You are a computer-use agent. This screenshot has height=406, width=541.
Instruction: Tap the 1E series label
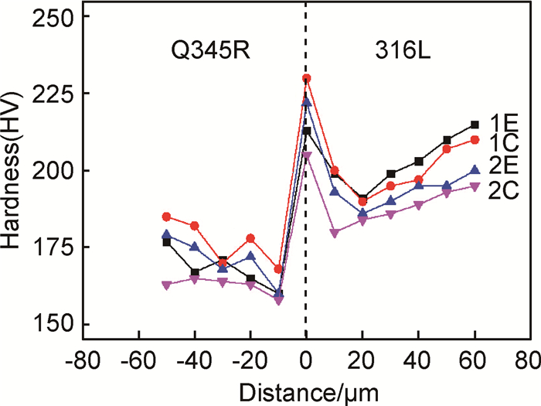click(503, 123)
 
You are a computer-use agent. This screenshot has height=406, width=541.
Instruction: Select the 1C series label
click(503, 142)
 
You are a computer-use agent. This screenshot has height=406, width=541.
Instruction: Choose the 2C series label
click(503, 189)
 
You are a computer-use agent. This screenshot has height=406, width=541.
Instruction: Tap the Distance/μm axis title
click(307, 391)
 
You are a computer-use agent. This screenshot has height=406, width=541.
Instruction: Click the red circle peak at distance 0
click(307, 78)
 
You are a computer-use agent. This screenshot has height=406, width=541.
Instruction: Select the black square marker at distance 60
click(475, 125)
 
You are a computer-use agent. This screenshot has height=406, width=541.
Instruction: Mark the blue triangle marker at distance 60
click(475, 170)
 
